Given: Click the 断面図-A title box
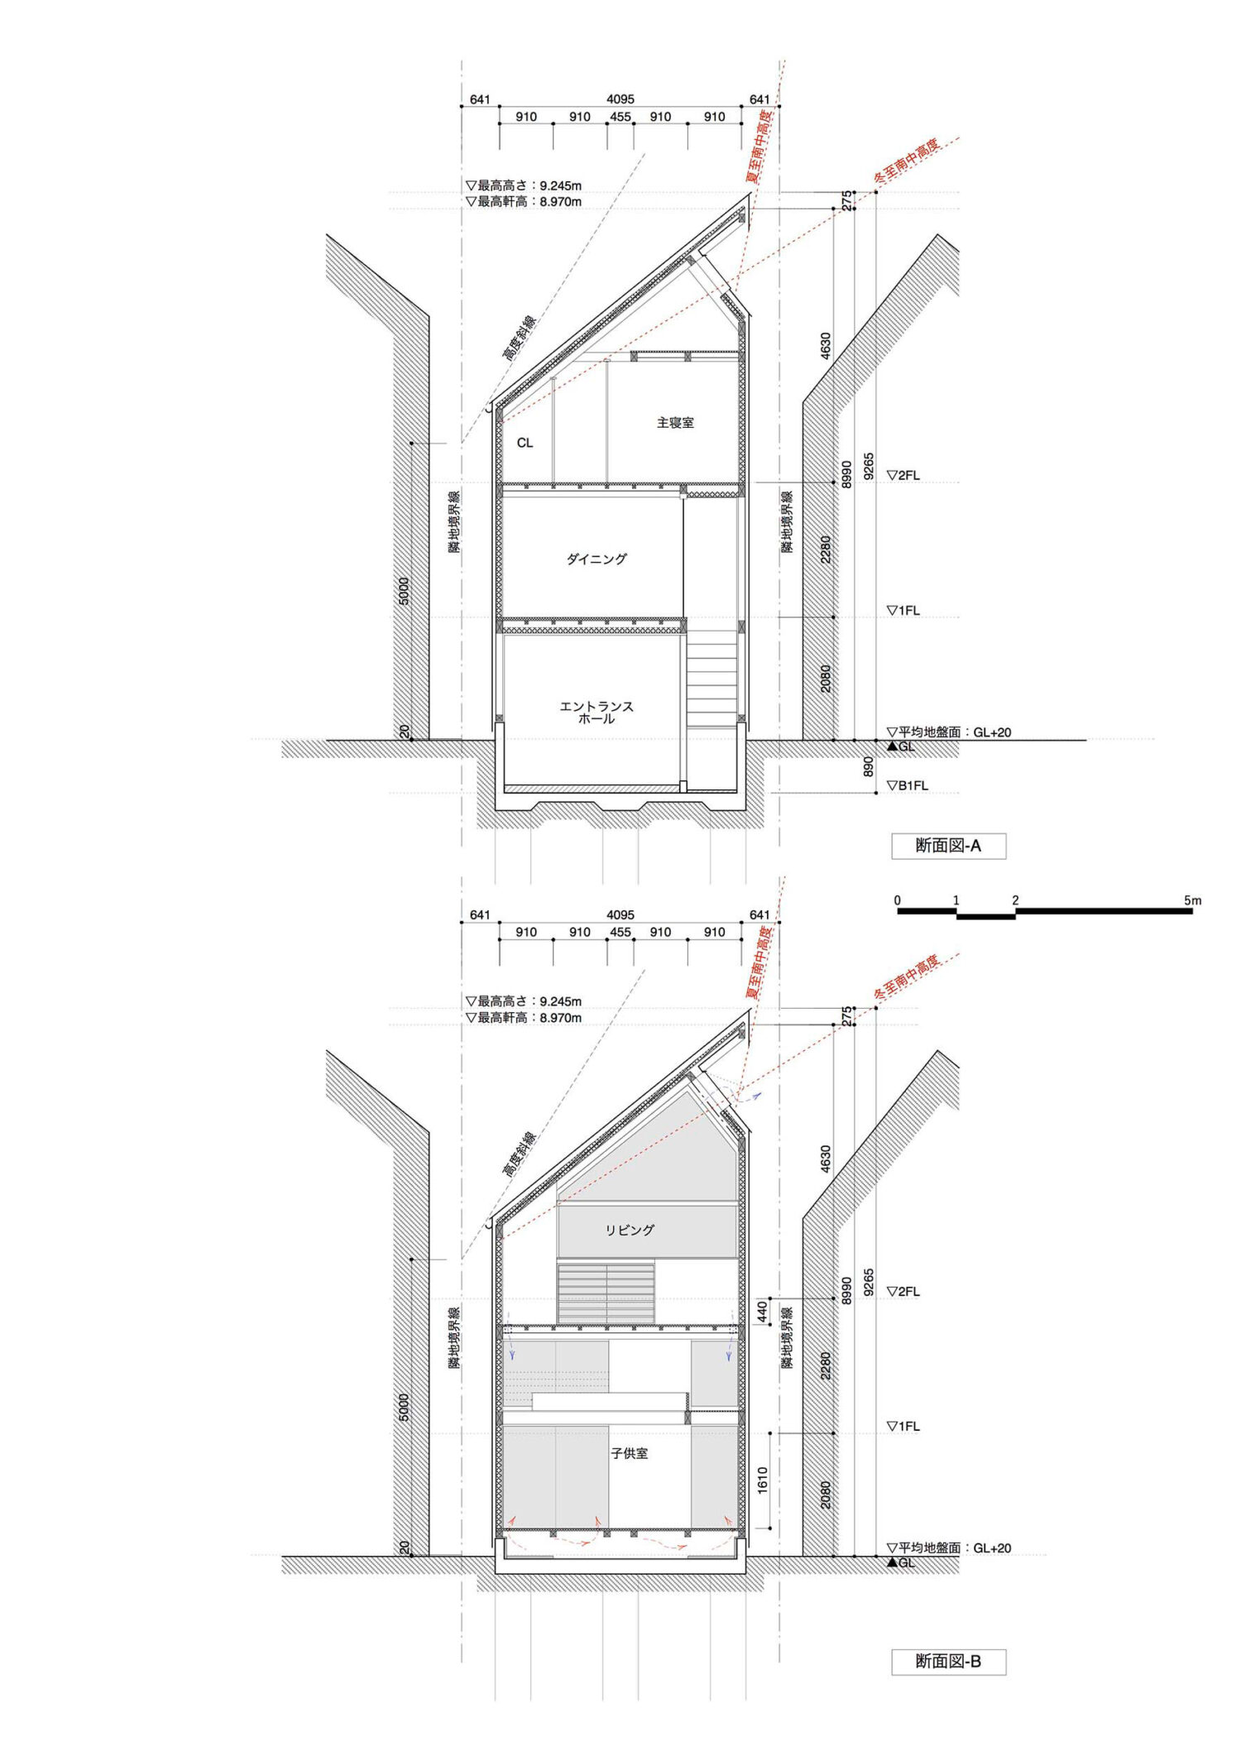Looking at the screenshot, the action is (x=948, y=846).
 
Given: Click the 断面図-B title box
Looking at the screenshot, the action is (x=948, y=1662).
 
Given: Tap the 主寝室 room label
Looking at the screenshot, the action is (x=675, y=422).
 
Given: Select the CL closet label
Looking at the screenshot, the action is (x=525, y=443).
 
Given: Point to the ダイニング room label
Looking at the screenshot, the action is (x=597, y=559).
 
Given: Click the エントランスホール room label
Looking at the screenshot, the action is (x=597, y=712).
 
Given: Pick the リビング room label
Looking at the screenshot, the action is (x=630, y=1230).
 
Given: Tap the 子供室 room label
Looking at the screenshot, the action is (x=630, y=1452).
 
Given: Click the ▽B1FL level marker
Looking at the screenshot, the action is (x=907, y=785).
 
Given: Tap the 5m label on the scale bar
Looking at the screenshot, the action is (x=1192, y=900).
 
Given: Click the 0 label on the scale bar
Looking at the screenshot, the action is (x=898, y=900).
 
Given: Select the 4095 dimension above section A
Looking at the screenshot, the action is (x=620, y=99).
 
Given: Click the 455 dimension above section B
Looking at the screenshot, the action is (x=620, y=932).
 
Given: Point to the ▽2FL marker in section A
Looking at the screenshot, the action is (x=903, y=476).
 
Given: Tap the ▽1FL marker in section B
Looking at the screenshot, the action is (x=903, y=1427).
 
